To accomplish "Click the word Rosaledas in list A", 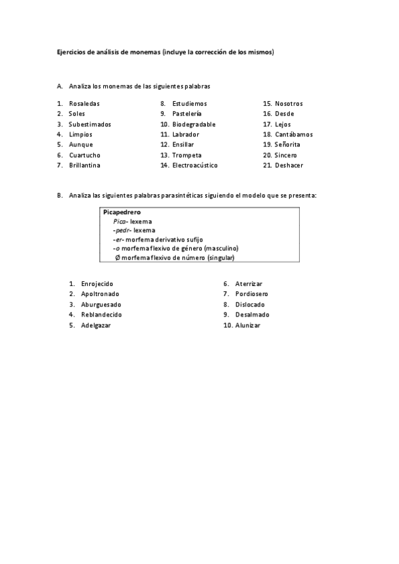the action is pyautogui.click(x=84, y=104).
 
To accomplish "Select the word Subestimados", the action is pyautogui.click(x=90, y=124).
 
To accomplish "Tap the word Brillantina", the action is pyautogui.click(x=87, y=165).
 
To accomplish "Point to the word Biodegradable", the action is pyautogui.click(x=194, y=124).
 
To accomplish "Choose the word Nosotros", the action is pyautogui.click(x=288, y=104).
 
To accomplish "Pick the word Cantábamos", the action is pyautogui.click(x=293, y=134).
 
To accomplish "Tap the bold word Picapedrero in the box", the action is pyautogui.click(x=122, y=212).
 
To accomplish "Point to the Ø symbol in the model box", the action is pyautogui.click(x=118, y=257).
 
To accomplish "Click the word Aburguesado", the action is pyautogui.click(x=101, y=304).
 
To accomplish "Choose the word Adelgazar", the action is pyautogui.click(x=96, y=325).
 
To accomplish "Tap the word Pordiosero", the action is pyautogui.click(x=252, y=293).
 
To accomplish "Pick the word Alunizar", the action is pyautogui.click(x=248, y=325).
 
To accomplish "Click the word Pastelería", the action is pyautogui.click(x=187, y=114).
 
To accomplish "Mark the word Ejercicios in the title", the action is pyautogui.click(x=71, y=52).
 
